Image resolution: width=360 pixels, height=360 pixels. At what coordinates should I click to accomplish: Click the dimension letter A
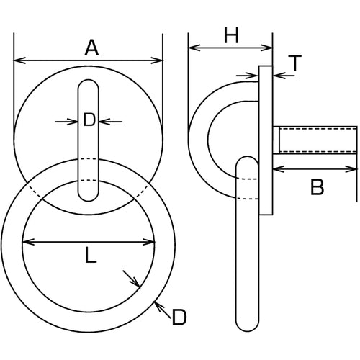point(91,48)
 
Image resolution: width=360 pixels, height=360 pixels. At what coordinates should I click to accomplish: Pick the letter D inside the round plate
point(89,121)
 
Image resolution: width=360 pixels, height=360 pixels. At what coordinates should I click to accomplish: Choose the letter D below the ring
point(179,316)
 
